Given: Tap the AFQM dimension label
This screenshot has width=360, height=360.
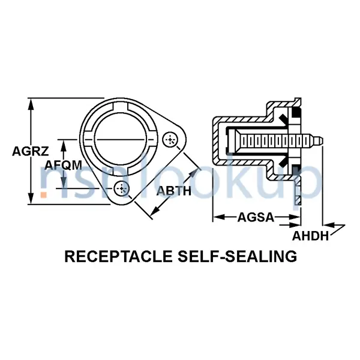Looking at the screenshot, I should point(64,164).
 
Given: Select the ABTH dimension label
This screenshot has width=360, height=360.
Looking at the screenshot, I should point(173,191).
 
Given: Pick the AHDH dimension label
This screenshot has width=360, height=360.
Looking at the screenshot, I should point(311,236).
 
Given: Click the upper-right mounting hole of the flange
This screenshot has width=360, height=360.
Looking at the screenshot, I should point(172,140).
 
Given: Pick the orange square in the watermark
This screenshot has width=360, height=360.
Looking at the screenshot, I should point(43,194).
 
